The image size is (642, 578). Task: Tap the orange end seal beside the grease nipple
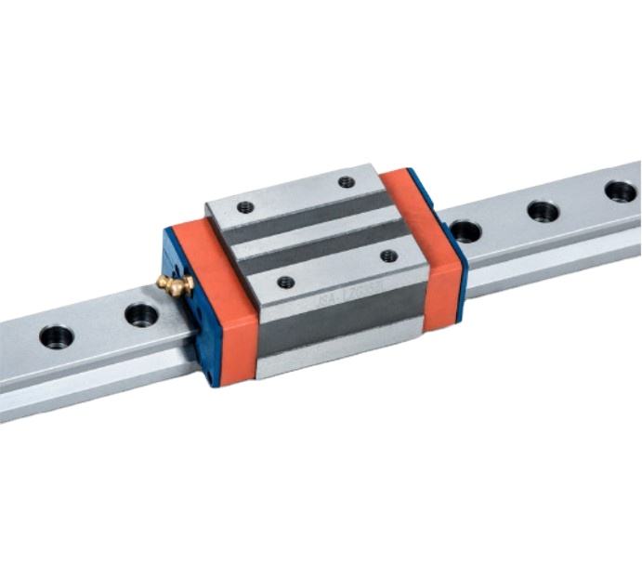click(223, 307)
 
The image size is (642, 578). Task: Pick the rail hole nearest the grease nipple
click(141, 314)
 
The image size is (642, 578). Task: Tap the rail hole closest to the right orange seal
click(466, 230)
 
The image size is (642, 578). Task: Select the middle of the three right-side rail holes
click(544, 211)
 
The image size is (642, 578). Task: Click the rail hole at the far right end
click(621, 191)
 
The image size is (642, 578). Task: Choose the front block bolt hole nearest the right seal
click(389, 256)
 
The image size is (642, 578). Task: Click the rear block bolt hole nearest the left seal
click(245, 207)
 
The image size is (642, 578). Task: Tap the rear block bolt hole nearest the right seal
click(347, 182)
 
